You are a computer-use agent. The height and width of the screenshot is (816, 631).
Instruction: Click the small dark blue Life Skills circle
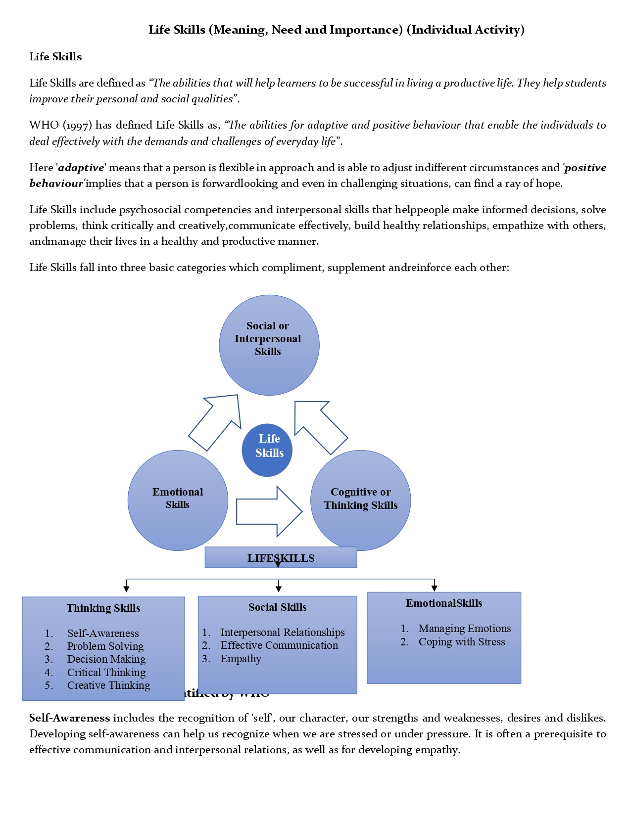coord(267,450)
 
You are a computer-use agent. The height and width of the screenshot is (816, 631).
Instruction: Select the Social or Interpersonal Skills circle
coord(269,345)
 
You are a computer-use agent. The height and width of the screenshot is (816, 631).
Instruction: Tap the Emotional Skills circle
coord(178,500)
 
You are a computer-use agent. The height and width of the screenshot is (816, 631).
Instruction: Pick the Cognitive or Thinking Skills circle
coord(360,500)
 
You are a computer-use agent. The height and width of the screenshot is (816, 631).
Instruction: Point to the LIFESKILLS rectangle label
coord(281,558)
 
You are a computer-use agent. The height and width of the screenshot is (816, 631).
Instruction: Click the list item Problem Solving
coord(105,646)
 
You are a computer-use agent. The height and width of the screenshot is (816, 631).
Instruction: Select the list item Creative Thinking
coord(108,685)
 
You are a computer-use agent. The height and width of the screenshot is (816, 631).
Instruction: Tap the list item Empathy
coord(241,659)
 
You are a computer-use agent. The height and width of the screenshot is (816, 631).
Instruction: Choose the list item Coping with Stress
coord(461,642)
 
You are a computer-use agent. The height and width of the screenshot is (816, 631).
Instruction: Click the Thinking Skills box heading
coord(103,608)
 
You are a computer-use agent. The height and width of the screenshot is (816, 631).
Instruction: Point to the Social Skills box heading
coord(277,607)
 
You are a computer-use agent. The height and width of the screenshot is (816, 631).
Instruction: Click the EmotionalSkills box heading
coord(444,603)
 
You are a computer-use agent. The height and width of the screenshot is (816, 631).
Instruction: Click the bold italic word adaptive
coord(81,168)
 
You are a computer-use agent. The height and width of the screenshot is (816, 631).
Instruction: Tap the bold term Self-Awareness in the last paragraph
coord(69,718)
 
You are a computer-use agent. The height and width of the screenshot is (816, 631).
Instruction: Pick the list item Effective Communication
coord(279,645)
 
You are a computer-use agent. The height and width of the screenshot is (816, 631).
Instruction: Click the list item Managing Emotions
coord(464,629)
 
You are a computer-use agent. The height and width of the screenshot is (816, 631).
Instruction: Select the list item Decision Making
coord(106,659)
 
